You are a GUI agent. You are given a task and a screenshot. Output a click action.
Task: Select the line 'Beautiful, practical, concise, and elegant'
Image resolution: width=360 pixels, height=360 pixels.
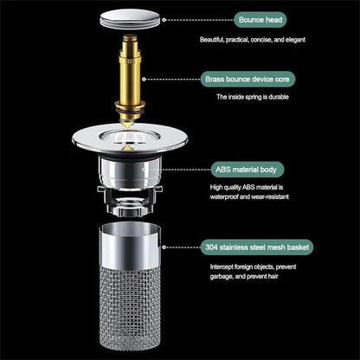coord(265,40)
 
